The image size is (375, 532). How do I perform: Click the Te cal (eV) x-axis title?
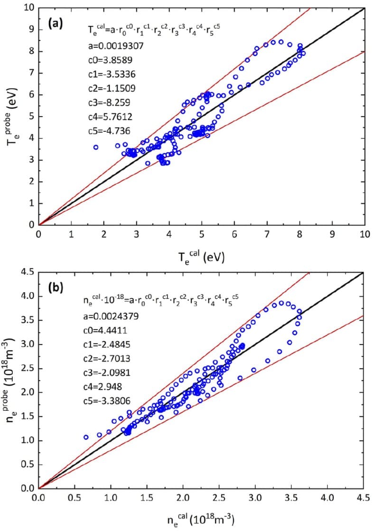201,257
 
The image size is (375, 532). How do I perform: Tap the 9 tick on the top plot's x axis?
332,234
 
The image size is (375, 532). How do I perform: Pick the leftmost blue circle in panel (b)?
86,437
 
